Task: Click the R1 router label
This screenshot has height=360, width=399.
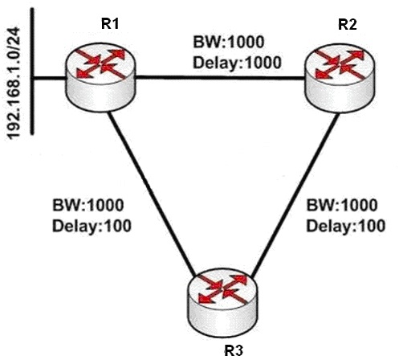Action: point(110,24)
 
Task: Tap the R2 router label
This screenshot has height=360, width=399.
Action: point(348,25)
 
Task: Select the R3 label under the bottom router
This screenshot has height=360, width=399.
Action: point(234,350)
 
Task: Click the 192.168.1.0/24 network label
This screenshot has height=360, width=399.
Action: point(13,83)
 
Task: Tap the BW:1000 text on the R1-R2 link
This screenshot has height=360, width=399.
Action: point(229,42)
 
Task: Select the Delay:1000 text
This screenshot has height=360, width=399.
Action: point(237,63)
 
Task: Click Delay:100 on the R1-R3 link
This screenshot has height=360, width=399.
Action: point(92,226)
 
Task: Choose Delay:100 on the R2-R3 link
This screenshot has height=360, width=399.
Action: point(345,226)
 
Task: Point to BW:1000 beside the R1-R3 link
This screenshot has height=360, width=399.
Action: point(88,205)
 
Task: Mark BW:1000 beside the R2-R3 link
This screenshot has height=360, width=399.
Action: point(342,205)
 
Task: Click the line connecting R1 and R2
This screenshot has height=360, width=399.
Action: point(221,78)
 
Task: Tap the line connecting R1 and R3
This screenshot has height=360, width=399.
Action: point(152,194)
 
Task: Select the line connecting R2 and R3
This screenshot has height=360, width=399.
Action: point(295,195)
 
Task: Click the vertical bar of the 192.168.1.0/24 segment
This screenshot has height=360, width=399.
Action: point(32,71)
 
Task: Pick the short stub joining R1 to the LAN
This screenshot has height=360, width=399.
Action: point(50,78)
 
